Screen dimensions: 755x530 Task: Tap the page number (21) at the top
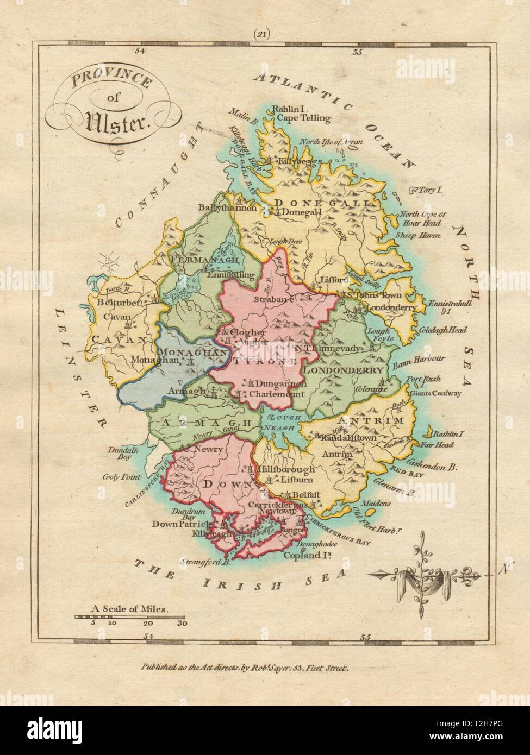tap(264, 34)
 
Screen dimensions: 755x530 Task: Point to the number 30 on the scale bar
tap(182, 624)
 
